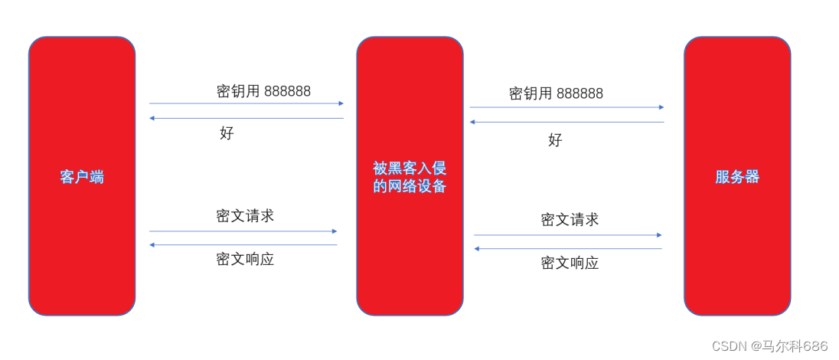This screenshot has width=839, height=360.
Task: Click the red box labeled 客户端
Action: (82, 176)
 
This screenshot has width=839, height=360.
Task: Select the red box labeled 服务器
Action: (737, 176)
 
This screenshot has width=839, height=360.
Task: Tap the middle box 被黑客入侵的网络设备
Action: (410, 176)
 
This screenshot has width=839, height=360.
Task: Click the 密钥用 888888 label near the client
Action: (263, 91)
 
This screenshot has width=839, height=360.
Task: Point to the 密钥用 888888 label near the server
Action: (556, 93)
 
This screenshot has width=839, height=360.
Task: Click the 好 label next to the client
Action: (227, 133)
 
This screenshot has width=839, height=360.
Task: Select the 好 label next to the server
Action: (555, 139)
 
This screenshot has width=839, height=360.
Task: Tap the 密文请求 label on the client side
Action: (245, 216)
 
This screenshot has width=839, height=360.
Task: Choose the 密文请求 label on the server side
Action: (570, 220)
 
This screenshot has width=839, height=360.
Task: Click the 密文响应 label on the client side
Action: (245, 259)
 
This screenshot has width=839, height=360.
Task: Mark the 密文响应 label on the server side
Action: (570, 263)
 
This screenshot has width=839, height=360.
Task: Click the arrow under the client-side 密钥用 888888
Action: (246, 103)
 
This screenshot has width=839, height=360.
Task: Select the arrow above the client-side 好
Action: (246, 118)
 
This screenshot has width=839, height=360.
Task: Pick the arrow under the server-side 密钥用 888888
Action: (566, 107)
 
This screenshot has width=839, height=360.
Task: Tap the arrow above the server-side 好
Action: (566, 122)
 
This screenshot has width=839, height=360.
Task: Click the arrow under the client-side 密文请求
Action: (243, 231)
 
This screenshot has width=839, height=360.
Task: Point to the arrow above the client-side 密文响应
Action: (243, 244)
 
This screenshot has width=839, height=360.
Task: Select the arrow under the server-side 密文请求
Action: (568, 235)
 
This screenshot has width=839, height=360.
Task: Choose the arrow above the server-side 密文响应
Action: (568, 248)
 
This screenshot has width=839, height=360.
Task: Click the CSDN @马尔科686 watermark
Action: (769, 346)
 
